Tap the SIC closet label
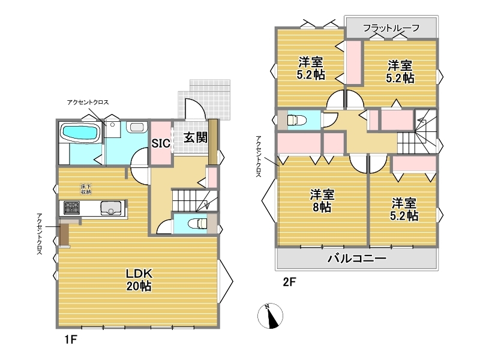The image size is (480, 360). pyautogui.click(x=161, y=143)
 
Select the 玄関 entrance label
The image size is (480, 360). pyautogui.click(x=196, y=137)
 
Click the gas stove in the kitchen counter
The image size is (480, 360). pyautogui.click(x=71, y=208)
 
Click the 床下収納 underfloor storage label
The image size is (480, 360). pyautogui.click(x=86, y=189)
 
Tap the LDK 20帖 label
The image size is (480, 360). pyautogui.click(x=139, y=280)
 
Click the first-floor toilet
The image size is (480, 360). pyautogui.click(x=198, y=223)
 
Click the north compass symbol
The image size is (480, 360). pyautogui.click(x=270, y=316)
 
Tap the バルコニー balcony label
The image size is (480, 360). pyautogui.click(x=357, y=259)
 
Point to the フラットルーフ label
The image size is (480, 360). pyautogui.click(x=391, y=28)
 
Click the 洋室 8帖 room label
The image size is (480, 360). pyautogui.click(x=322, y=201)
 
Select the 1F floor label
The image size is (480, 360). pyautogui.click(x=70, y=340)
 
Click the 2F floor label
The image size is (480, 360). pyautogui.click(x=289, y=282)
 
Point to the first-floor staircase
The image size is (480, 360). pyautogui.click(x=194, y=200)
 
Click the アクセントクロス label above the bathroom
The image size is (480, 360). pyautogui.click(x=88, y=102)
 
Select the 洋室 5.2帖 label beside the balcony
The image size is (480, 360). pyautogui.click(x=404, y=209)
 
